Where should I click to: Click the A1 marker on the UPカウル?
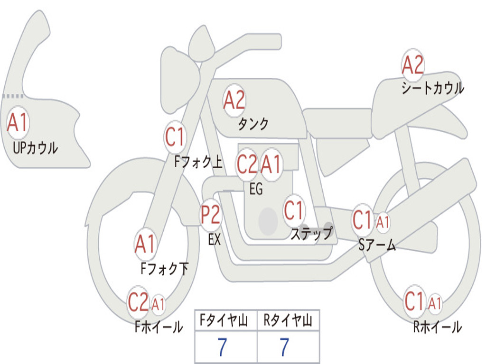tap(18, 122)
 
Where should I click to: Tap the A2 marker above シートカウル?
tap(412, 64)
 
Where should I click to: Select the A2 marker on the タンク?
tap(234, 100)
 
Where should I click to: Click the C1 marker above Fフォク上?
tap(175, 136)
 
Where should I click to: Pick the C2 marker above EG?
tap(247, 164)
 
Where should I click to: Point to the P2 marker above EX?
tap(211, 214)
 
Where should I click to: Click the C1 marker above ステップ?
tap(293, 210)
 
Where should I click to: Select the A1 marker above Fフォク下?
tap(145, 244)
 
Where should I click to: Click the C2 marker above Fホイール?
tap(138, 301)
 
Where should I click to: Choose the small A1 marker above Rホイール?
tap(435, 303)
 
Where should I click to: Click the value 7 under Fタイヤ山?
tap(222, 347)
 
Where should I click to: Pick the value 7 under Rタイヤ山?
tap(284, 347)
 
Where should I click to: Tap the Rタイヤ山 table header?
tap(288, 320)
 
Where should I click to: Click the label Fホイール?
tap(159, 327)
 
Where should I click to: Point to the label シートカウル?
tap(433, 88)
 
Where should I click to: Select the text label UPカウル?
tap(35, 148)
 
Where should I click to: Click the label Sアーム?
tap(377, 245)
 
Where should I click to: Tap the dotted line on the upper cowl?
tap(13, 96)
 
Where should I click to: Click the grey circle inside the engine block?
tap(268, 221)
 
